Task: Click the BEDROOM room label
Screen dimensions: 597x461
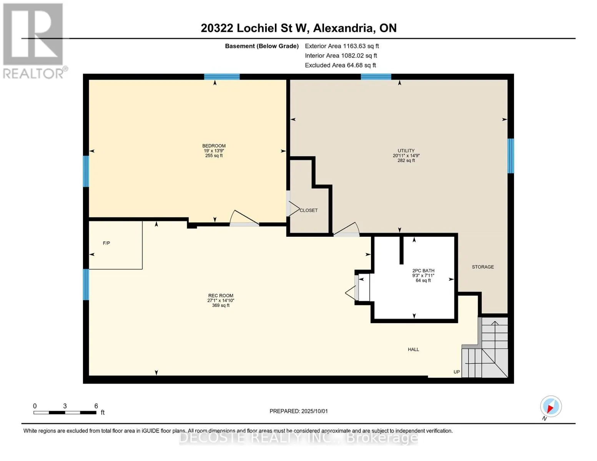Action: [x=214, y=146]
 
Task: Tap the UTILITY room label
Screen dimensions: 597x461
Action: [x=406, y=151]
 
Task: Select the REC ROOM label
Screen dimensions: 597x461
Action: [x=221, y=296]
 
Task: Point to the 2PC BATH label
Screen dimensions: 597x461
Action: [x=423, y=271]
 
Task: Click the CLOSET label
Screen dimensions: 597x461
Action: [x=309, y=210]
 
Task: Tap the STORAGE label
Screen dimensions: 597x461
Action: [x=483, y=267]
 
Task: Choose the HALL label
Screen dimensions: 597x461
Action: [x=413, y=350]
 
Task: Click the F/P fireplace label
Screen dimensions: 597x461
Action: [x=106, y=243]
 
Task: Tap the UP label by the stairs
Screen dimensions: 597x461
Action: [x=457, y=372]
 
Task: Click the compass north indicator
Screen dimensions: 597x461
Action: [x=550, y=407]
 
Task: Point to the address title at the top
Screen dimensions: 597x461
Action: [x=299, y=28]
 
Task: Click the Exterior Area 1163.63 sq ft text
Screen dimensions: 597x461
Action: [x=342, y=46]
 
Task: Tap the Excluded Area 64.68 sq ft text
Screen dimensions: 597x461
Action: [x=340, y=65]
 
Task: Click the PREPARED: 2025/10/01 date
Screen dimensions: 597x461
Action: [x=299, y=411]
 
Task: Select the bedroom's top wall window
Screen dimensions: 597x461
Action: [x=222, y=76]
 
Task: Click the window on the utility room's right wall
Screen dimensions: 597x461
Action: [x=511, y=156]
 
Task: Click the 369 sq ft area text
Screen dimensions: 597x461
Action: [x=221, y=305]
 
